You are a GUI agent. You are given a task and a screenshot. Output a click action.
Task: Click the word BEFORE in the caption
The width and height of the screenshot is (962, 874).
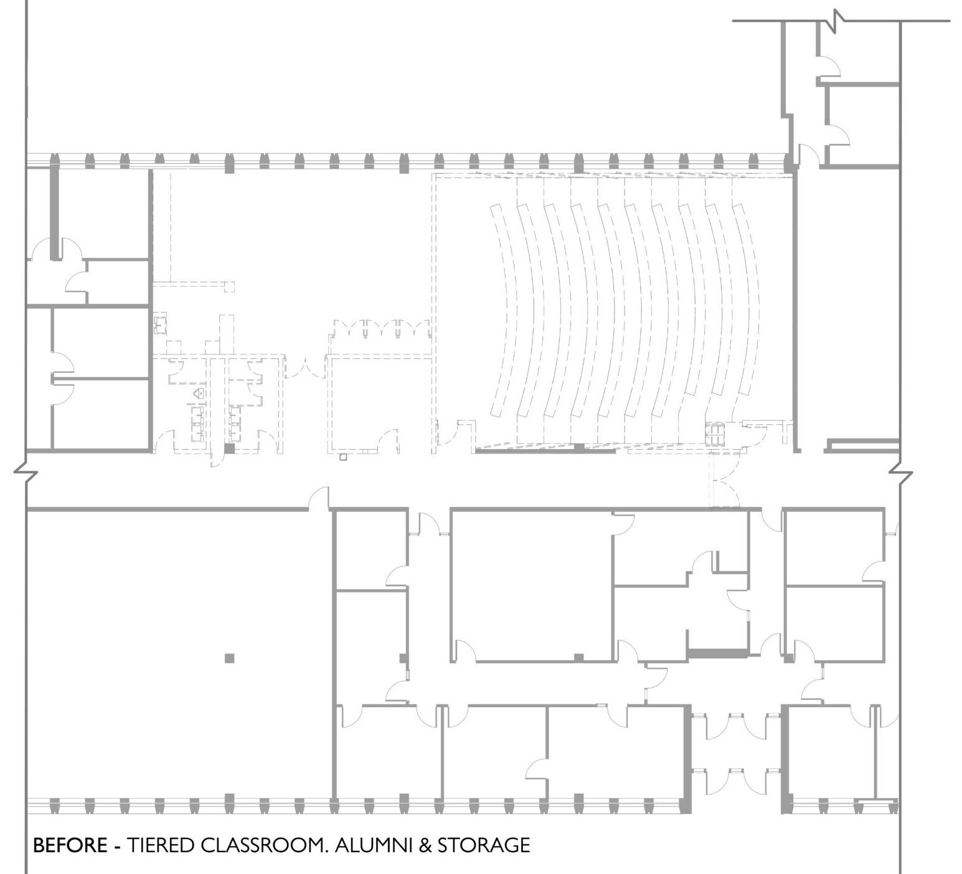pos(70,845)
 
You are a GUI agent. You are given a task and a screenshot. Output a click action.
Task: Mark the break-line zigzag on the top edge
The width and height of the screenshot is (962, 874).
pos(838,21)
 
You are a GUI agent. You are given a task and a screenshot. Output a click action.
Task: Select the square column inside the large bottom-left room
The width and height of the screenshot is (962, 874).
pos(230,658)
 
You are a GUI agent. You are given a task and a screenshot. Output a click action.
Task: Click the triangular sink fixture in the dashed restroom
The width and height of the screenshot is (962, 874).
pos(198,394)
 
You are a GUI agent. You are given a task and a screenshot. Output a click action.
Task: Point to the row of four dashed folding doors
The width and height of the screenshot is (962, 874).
pos(380,328)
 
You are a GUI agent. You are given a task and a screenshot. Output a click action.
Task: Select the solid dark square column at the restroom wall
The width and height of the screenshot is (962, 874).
pos(229,449)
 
